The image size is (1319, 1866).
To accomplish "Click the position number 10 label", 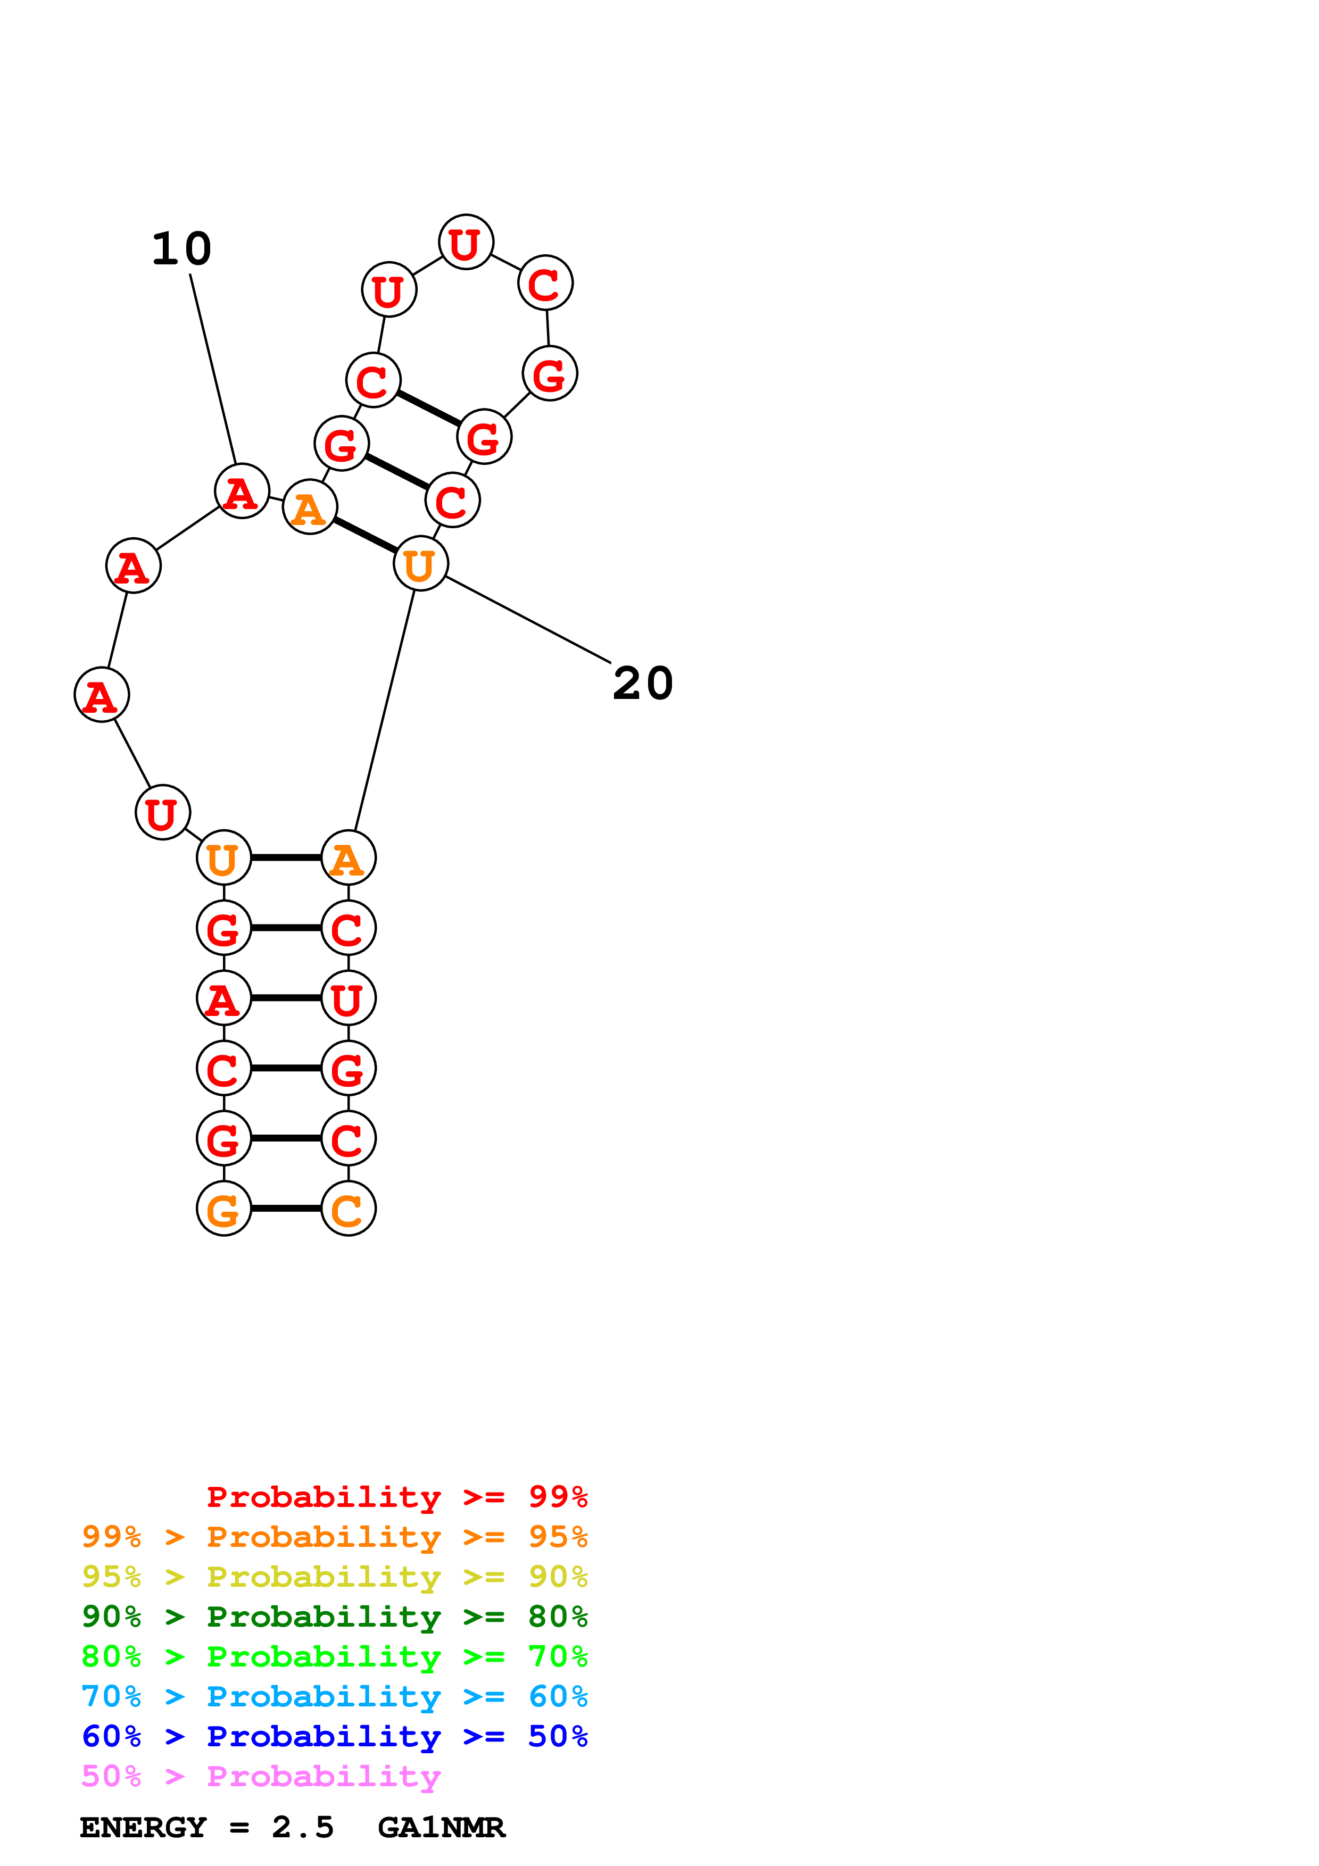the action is pos(181,249).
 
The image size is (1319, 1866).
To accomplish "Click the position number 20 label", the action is pos(642,684).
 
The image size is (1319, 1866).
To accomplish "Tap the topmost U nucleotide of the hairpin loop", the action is pos(465,242).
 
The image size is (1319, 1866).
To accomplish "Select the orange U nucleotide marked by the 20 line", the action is pos(420,563).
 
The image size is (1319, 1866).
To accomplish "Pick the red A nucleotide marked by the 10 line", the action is pos(242,491).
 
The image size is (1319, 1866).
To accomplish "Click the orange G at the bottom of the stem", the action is pos(223,1209).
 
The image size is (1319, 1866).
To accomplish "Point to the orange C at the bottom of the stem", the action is pos(348,1209).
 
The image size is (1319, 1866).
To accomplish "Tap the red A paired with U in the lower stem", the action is pos(223,998).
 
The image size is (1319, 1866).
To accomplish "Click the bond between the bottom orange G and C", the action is pos(286,1209).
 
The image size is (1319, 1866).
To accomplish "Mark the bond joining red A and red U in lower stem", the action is pos(286,998).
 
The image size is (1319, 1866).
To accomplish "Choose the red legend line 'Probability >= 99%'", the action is pos(396,1496).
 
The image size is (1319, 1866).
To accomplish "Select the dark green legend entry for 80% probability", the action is pos(334,1617).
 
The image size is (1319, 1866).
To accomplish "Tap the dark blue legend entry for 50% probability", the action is pos(334,1736).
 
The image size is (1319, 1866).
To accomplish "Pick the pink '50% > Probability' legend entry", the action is pos(261,1777).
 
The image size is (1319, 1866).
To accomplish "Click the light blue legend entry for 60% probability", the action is pos(334,1696).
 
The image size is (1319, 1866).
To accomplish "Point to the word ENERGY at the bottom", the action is pos(143,1828).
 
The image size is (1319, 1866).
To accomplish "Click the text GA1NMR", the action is pos(441,1828).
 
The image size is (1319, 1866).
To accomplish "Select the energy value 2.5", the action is pos(302,1828).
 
